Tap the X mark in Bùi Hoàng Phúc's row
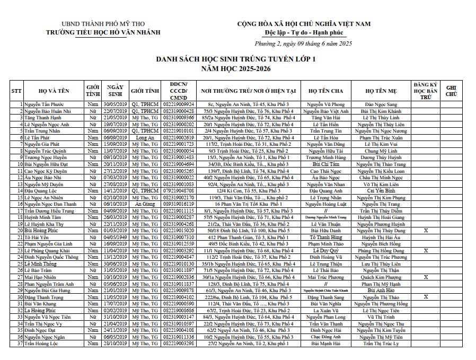(x=426, y=231)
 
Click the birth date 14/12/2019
(x=116, y=190)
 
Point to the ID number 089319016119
(x=178, y=204)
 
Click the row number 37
(x=20, y=343)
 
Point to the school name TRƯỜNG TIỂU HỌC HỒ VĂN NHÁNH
(x=110, y=32)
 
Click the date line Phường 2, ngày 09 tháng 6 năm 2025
(x=303, y=43)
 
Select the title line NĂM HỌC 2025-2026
(x=235, y=69)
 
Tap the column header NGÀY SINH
(x=116, y=91)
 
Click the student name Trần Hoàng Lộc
(x=42, y=343)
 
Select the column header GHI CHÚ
(x=451, y=91)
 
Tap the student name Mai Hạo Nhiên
(x=40, y=277)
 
